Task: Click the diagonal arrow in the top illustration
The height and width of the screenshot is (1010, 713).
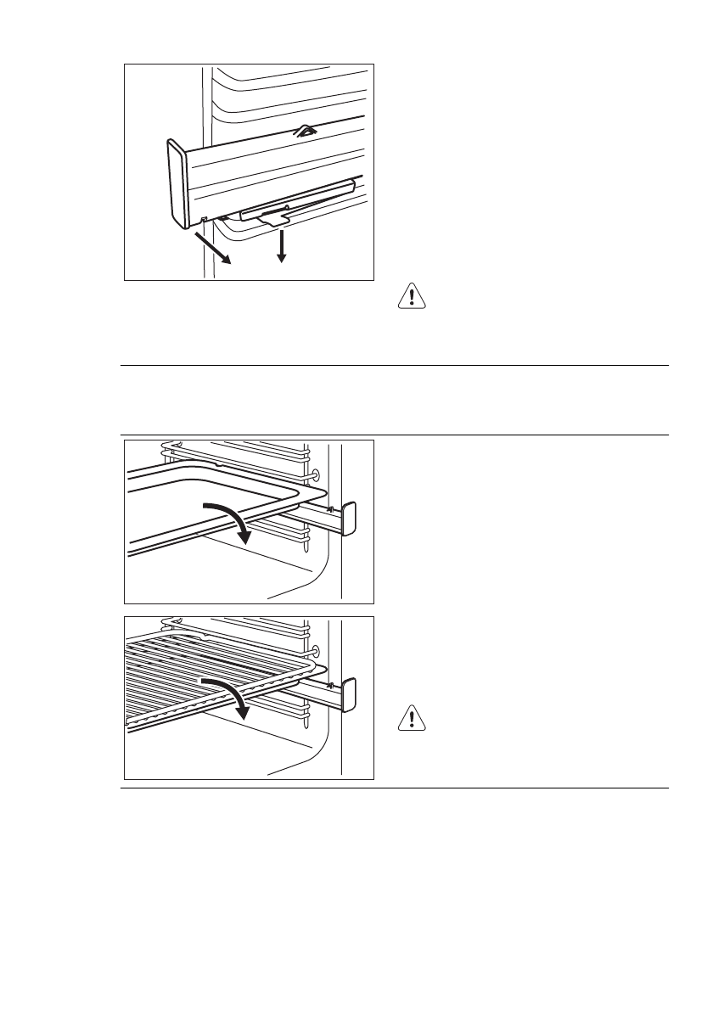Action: pos(215,250)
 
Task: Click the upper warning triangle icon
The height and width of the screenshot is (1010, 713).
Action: pos(412,296)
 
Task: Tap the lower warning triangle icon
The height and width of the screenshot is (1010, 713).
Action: pos(412,720)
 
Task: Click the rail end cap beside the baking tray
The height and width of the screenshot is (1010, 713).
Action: pos(348,519)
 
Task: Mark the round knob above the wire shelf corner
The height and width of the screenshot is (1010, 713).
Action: pos(316,651)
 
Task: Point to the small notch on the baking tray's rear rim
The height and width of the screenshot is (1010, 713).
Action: pos(219,464)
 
